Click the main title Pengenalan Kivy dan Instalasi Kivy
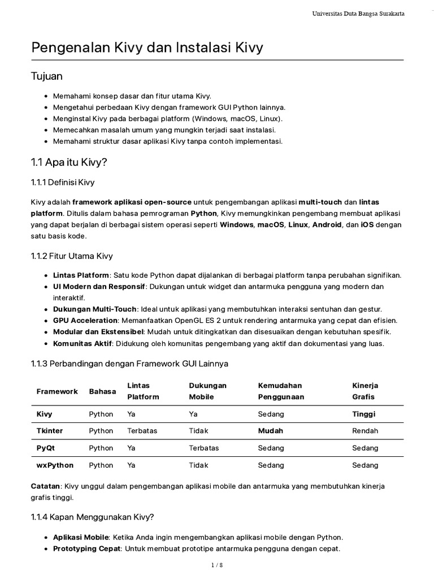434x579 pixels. point(147,48)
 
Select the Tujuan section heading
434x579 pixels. point(46,76)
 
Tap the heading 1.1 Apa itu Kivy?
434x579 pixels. point(68,162)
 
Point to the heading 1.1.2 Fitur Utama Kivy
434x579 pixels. point(72,256)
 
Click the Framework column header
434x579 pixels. point(57,391)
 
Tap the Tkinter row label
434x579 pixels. point(50,431)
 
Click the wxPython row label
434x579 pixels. point(55,465)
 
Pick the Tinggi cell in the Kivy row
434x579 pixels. point(363,414)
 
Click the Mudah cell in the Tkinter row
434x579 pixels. point(270,431)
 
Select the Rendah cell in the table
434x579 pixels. point(365,431)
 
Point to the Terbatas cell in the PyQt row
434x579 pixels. point(203,448)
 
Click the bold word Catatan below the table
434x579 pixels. point(46,486)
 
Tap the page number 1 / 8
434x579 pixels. point(217,565)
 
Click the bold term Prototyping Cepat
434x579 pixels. point(86,548)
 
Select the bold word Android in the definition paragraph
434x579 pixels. point(327,224)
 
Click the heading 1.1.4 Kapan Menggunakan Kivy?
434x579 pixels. point(92,517)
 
